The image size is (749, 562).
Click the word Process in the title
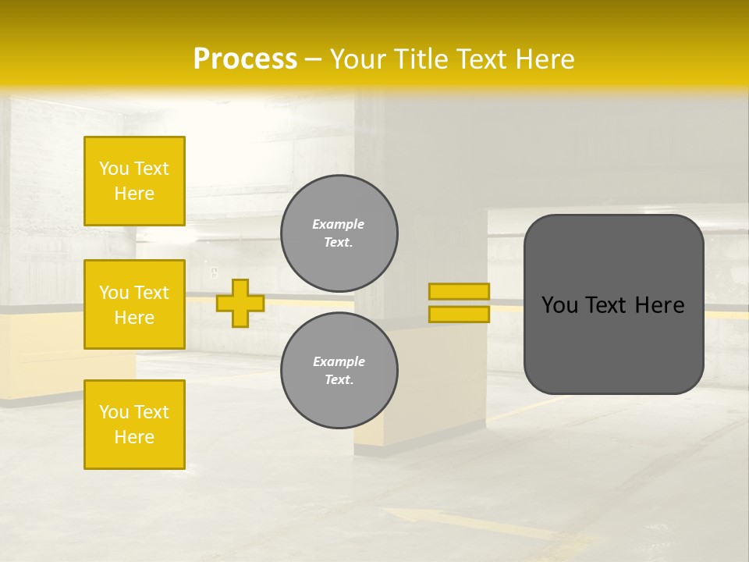point(245,59)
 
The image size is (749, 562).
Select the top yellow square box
point(134,181)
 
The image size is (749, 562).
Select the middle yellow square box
point(134,304)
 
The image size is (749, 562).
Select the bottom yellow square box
point(134,425)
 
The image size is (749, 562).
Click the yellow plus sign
point(240,303)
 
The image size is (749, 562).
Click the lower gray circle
point(339,371)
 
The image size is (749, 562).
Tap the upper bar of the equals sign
point(459,292)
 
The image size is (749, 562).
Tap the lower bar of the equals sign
point(459,315)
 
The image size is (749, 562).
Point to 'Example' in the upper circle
point(339,224)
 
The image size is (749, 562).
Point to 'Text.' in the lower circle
point(339,380)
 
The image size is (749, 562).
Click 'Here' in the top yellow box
point(134,194)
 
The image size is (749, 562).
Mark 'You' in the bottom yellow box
point(114,412)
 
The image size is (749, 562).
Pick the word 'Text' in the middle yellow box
point(151,293)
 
